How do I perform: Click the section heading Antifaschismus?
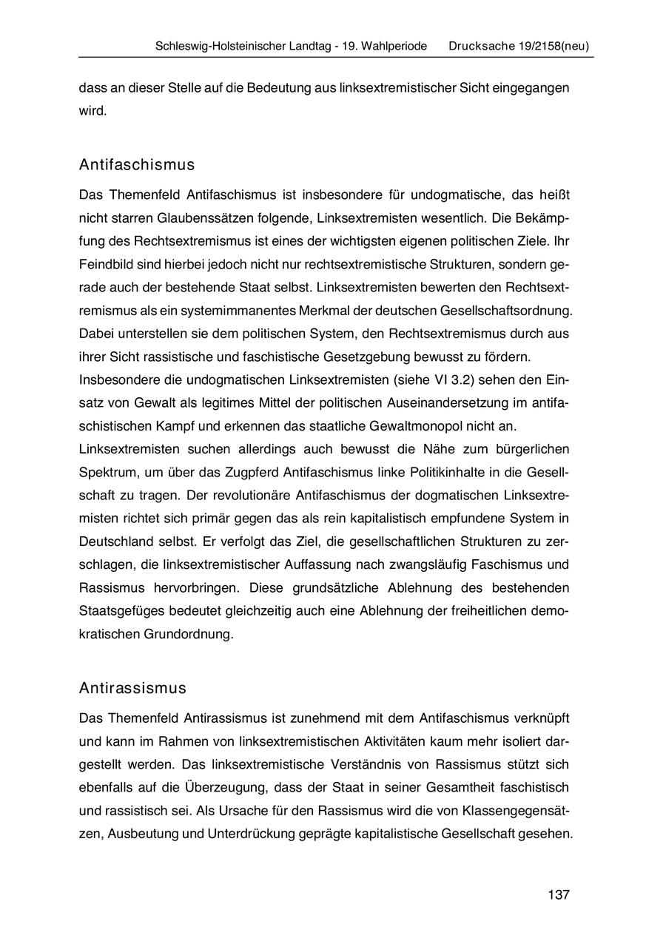click(x=137, y=164)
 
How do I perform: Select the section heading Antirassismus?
click(x=132, y=688)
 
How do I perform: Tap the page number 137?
click(x=559, y=894)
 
